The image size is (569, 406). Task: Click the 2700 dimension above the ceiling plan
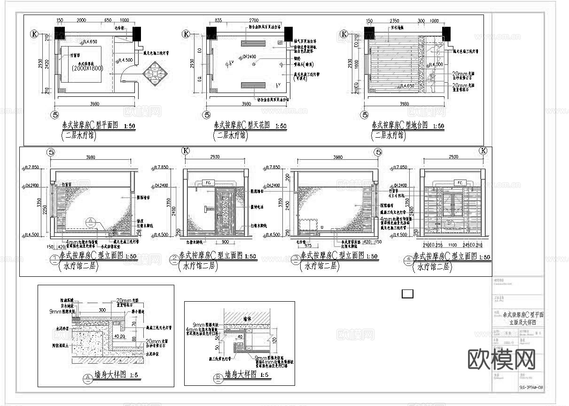tap(254, 21)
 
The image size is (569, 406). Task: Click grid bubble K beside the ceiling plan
tap(187, 34)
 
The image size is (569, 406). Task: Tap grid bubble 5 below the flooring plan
tap(365, 114)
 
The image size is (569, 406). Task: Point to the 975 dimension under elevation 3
tap(308, 245)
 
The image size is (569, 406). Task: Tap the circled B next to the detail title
tap(218, 376)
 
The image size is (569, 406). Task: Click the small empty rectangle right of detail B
tap(407, 294)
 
